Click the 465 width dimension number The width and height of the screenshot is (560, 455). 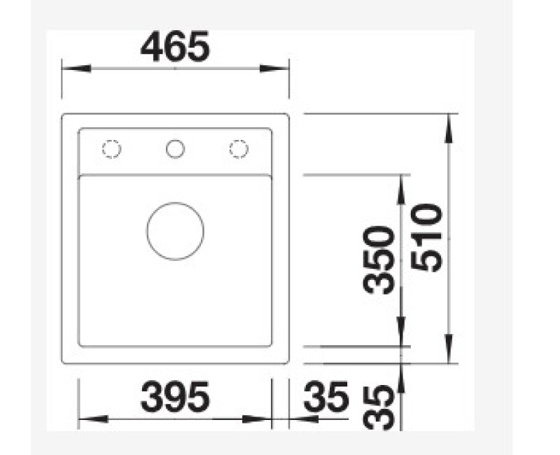[176, 46]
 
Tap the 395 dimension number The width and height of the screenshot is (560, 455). [175, 396]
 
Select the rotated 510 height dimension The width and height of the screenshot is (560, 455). [427, 237]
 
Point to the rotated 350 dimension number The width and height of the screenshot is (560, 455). [379, 260]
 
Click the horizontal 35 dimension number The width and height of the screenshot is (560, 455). [326, 396]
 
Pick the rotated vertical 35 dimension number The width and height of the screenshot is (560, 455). [379, 408]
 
